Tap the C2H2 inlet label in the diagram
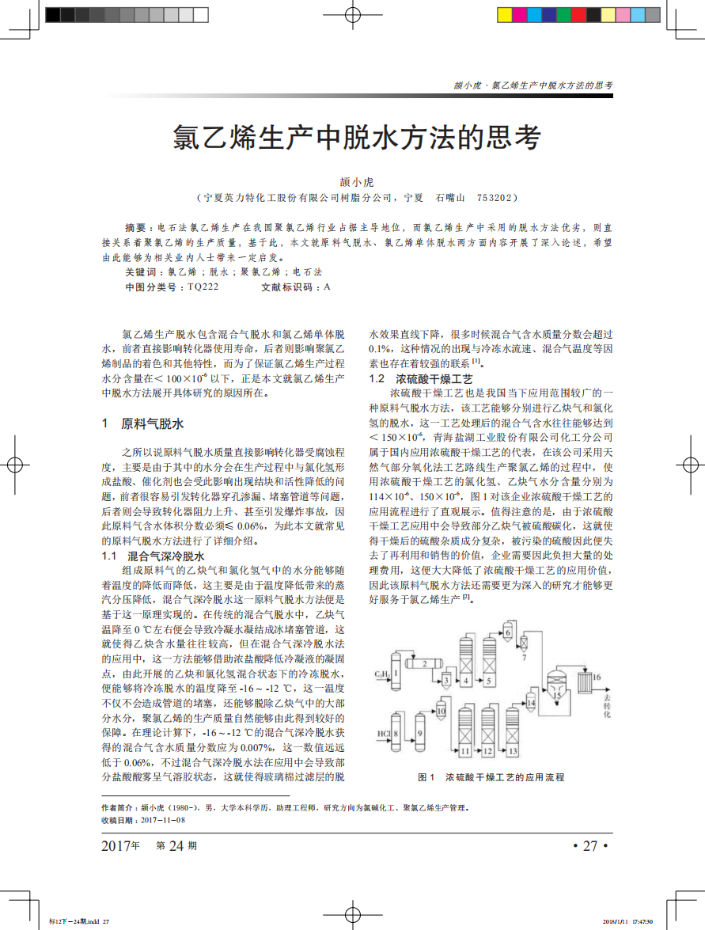381,674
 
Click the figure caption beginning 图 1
491,777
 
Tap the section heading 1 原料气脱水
144,423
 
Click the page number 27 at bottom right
589,845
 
